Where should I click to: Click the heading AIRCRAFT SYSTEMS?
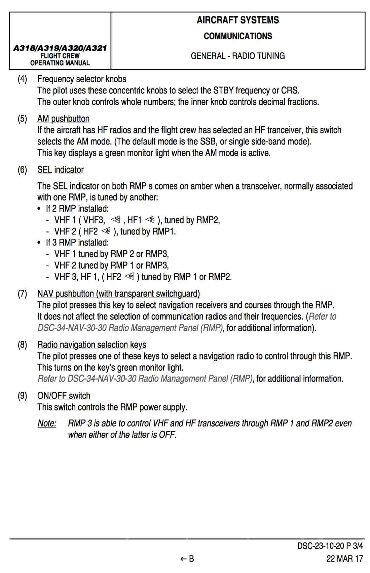pos(238,20)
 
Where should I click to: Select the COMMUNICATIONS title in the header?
pos(238,36)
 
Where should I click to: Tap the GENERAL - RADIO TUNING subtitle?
pos(238,56)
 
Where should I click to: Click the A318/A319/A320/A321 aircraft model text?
pos(60,48)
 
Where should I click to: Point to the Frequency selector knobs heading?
pos(82,79)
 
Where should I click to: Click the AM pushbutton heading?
pos(63,119)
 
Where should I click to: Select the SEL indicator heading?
pos(61,170)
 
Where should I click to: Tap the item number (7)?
pos(22,294)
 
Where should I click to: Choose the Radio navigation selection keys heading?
pos(91,345)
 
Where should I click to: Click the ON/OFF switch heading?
pos(64,396)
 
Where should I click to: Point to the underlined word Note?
pos(47,423)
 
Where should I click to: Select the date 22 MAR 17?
pos(345,559)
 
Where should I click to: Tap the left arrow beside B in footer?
pos(183,559)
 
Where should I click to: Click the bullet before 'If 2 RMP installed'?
pos(39,209)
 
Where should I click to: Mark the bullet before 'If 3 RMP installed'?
pos(39,243)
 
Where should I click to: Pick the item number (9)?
pos(22,396)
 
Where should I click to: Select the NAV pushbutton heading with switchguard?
pos(118,294)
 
